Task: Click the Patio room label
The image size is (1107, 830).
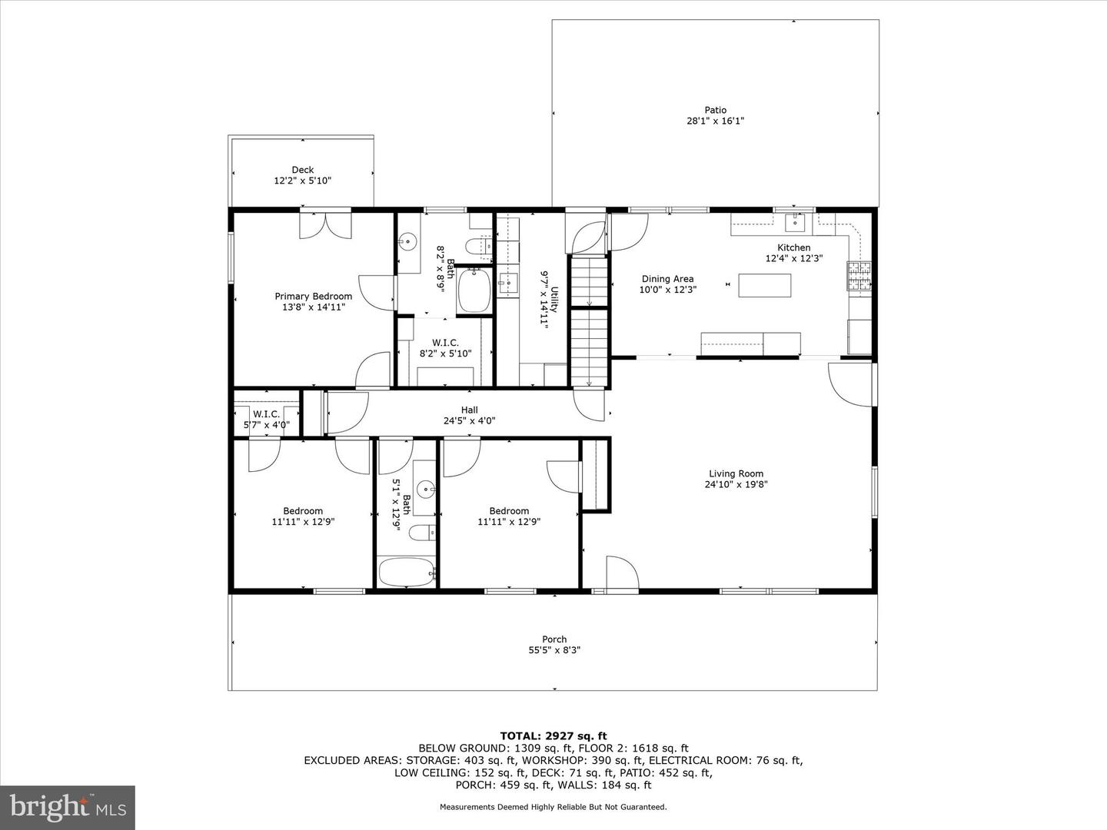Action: point(715,110)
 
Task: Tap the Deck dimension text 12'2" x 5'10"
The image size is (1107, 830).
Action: point(302,181)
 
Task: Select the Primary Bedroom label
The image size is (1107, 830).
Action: point(314,296)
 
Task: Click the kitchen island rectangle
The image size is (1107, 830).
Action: point(764,285)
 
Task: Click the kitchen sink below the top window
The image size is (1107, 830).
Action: point(794,223)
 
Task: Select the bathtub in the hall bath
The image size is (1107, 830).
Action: point(407,573)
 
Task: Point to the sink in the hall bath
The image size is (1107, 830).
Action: point(425,488)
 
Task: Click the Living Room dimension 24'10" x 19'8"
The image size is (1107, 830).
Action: point(736,484)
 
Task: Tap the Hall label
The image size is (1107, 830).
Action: point(469,410)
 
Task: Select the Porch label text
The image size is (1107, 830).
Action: point(554,639)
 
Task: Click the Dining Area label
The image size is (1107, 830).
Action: point(667,279)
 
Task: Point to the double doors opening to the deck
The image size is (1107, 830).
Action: point(326,224)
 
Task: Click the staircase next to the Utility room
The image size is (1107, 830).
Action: point(589,323)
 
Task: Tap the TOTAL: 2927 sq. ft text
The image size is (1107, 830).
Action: point(553,735)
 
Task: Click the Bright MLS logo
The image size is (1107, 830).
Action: point(68,807)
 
